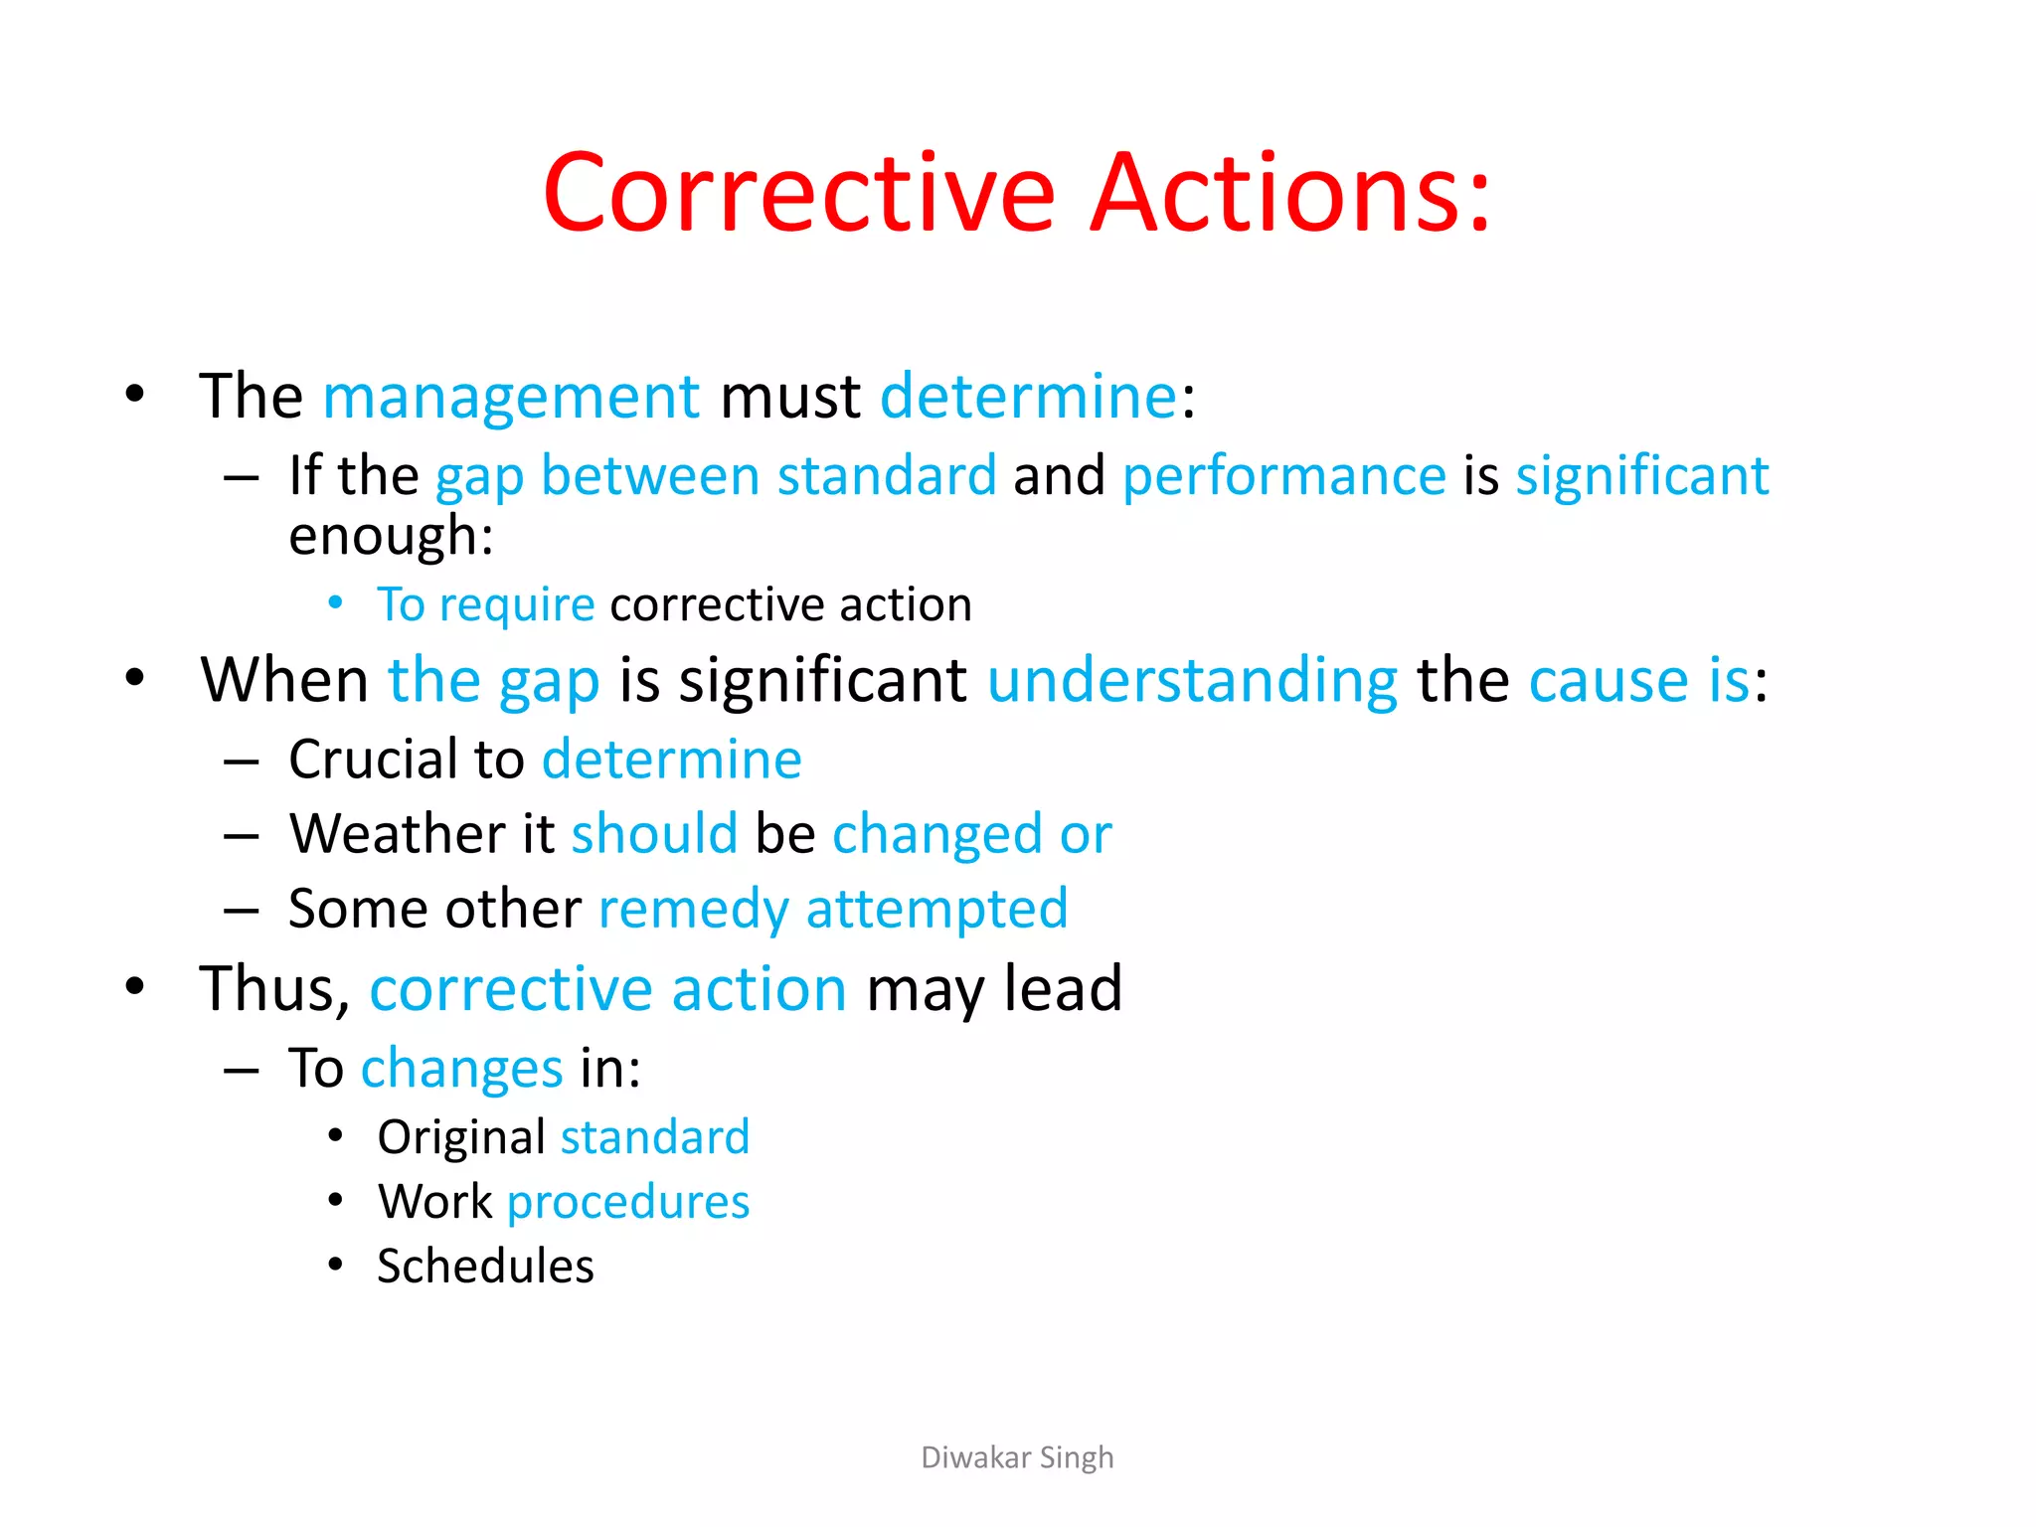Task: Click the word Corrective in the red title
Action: click(798, 193)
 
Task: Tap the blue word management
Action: click(511, 397)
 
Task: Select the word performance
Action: click(1283, 476)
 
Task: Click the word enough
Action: click(390, 537)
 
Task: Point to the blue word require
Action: click(517, 604)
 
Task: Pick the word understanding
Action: click(1192, 681)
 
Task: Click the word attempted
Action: click(936, 909)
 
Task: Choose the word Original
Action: click(461, 1136)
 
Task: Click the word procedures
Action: click(628, 1201)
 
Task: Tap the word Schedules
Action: click(485, 1266)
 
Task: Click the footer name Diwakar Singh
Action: click(1017, 1457)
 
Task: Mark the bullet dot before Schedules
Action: click(336, 1265)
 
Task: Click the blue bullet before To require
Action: click(336, 602)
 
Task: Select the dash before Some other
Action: click(242, 910)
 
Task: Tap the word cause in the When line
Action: click(1609, 681)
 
